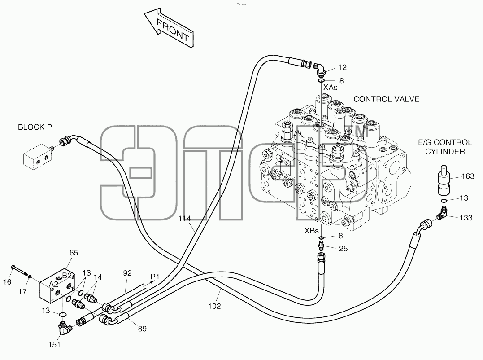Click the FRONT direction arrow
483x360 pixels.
coord(169,28)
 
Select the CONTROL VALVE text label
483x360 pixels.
coord(386,99)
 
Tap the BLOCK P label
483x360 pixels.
coord(35,127)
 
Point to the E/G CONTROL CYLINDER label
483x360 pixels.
coord(445,147)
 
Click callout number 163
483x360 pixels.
coord(468,176)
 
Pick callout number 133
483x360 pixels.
coord(466,218)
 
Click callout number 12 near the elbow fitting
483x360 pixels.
coord(342,67)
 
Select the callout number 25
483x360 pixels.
coord(343,248)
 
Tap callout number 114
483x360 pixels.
coord(184,219)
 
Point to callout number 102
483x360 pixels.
coord(214,306)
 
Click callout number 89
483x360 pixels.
coord(142,329)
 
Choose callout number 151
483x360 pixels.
coord(54,345)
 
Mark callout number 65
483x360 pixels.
coord(74,253)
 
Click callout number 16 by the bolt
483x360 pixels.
coord(7,282)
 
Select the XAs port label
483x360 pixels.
coord(330,88)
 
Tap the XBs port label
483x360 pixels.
coord(311,231)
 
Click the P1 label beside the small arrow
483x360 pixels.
coord(155,277)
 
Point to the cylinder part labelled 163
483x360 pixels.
coord(444,180)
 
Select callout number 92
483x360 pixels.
coord(127,273)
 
